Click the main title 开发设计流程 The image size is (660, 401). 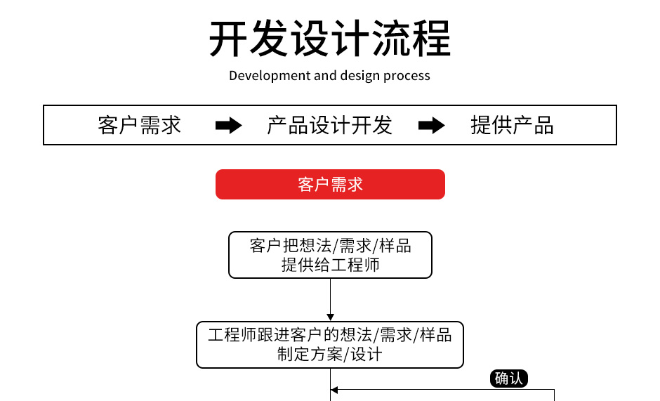pos(330,38)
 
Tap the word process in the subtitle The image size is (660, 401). pos(407,76)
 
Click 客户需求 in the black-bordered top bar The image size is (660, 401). pos(140,126)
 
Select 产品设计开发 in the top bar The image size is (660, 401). pos(329,126)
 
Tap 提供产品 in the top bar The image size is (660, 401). pos(512,126)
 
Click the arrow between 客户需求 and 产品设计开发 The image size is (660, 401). pos(228,126)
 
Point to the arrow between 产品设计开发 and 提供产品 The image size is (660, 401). pos(431,126)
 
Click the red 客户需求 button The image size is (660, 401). pos(330,184)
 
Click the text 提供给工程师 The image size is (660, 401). pos(330,265)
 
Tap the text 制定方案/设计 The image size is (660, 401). pos(330,354)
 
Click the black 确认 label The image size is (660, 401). pos(508,379)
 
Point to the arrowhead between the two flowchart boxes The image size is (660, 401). pos(330,317)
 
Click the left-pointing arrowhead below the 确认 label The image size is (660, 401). pos(335,390)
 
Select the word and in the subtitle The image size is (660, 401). pos(325,76)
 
